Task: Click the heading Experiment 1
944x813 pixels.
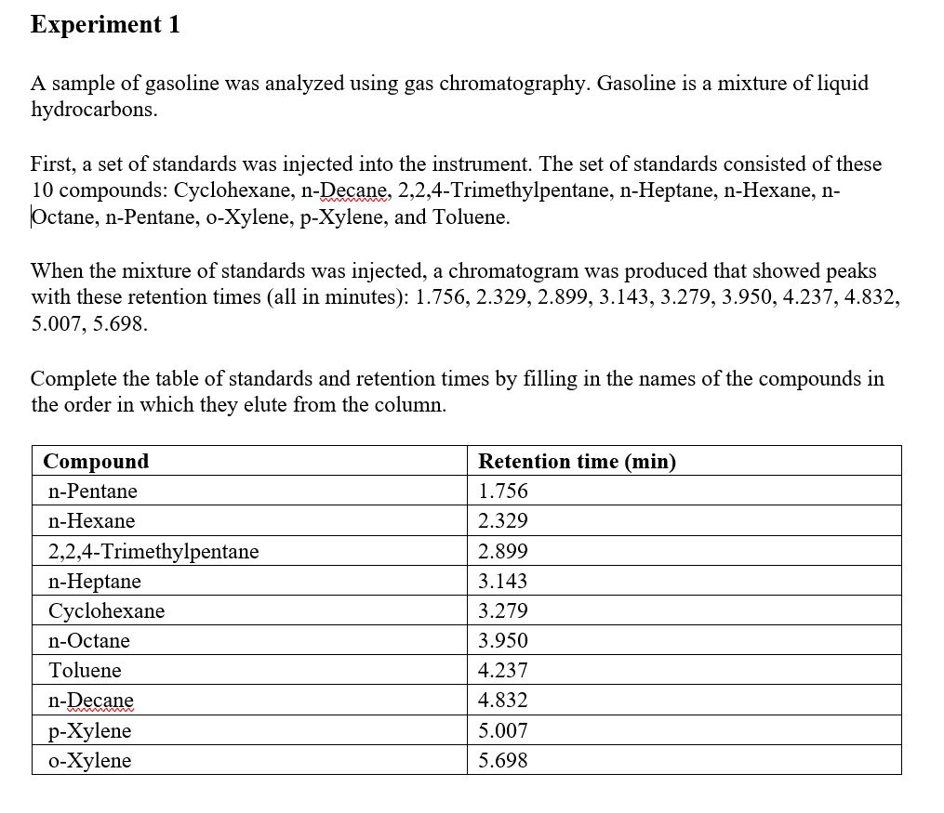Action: click(x=105, y=25)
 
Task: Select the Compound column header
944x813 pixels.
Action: click(x=96, y=461)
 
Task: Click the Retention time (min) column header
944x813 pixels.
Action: click(x=577, y=461)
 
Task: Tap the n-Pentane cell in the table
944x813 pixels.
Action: click(x=93, y=492)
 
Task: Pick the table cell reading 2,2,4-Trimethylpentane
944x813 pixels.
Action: click(x=153, y=552)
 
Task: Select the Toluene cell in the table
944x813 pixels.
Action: click(x=85, y=671)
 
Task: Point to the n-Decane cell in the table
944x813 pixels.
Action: click(x=91, y=701)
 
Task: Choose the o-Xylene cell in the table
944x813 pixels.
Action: click(x=89, y=761)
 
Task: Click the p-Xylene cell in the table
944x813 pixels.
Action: click(x=89, y=731)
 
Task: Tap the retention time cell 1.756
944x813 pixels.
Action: click(x=502, y=492)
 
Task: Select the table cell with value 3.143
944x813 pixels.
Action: click(x=502, y=582)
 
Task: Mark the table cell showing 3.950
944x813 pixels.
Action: click(x=502, y=641)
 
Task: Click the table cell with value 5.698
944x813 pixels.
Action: click(x=502, y=761)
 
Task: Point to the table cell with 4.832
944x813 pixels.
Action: click(x=502, y=701)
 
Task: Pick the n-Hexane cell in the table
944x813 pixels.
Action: click(x=91, y=521)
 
